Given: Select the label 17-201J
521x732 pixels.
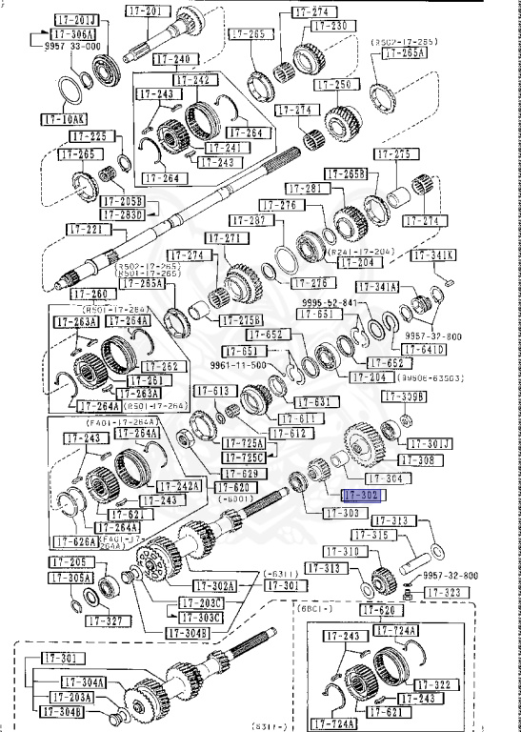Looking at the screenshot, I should tap(64, 21).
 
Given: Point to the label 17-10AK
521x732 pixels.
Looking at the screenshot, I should tap(63, 120).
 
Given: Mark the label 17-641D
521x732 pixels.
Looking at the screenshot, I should tap(424, 350).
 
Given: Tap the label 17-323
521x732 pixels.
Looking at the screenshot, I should tap(446, 592).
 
